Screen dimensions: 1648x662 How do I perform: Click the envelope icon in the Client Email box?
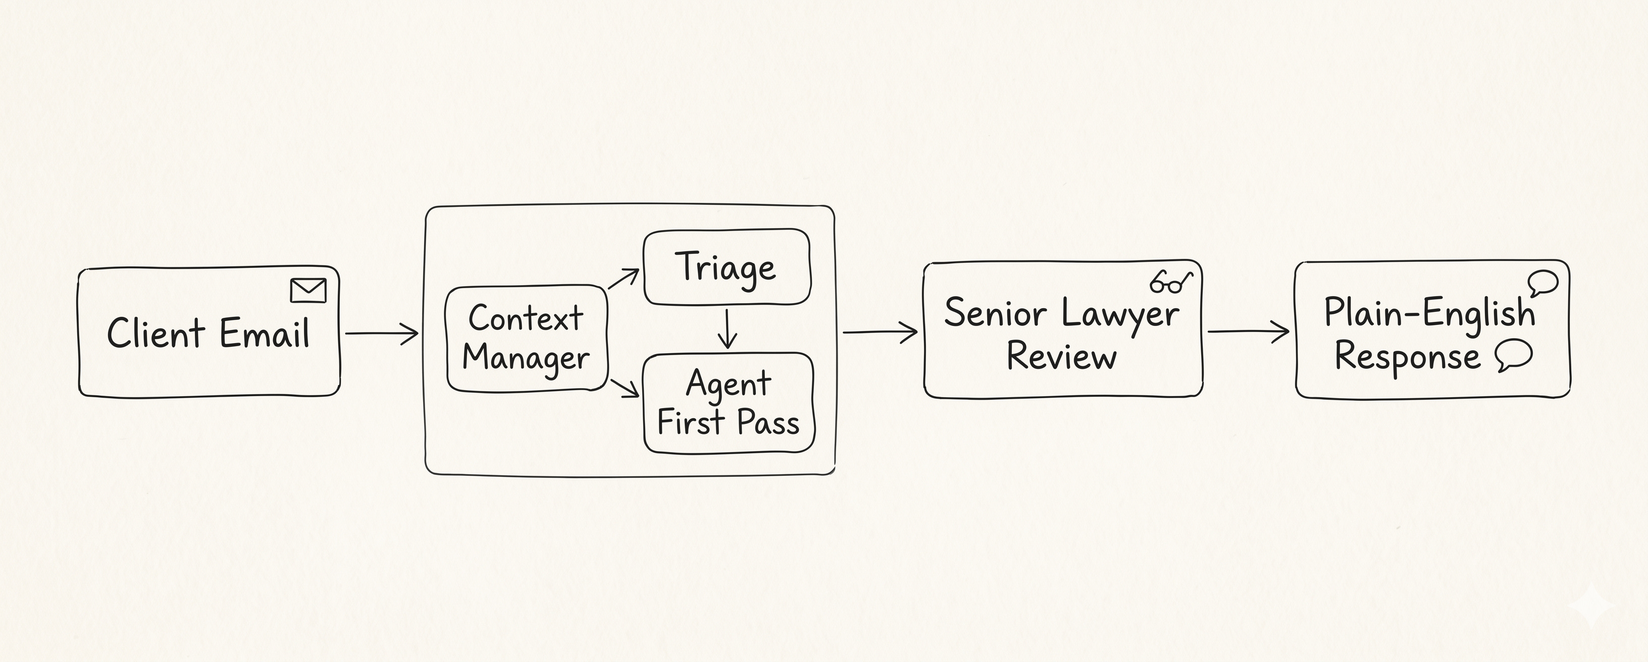click(x=308, y=291)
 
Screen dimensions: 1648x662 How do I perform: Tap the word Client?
click(x=156, y=333)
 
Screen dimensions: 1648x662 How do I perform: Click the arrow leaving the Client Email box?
click(x=382, y=333)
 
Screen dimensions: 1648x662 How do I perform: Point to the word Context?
click(x=526, y=318)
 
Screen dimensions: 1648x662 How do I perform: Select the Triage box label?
click(x=726, y=268)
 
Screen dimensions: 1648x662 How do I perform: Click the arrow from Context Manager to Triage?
click(x=623, y=279)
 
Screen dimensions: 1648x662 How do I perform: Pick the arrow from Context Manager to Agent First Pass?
click(x=625, y=388)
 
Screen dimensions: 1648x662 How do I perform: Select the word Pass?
click(x=768, y=423)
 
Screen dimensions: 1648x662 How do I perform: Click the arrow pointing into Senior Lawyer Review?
click(x=881, y=332)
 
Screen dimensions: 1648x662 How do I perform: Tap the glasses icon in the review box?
click(x=1171, y=282)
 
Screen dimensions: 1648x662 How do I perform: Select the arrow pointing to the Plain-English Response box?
click(x=1248, y=332)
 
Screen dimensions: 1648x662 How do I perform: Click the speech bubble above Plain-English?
click(x=1543, y=284)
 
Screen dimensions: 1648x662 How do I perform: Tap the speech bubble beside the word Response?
click(x=1514, y=355)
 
